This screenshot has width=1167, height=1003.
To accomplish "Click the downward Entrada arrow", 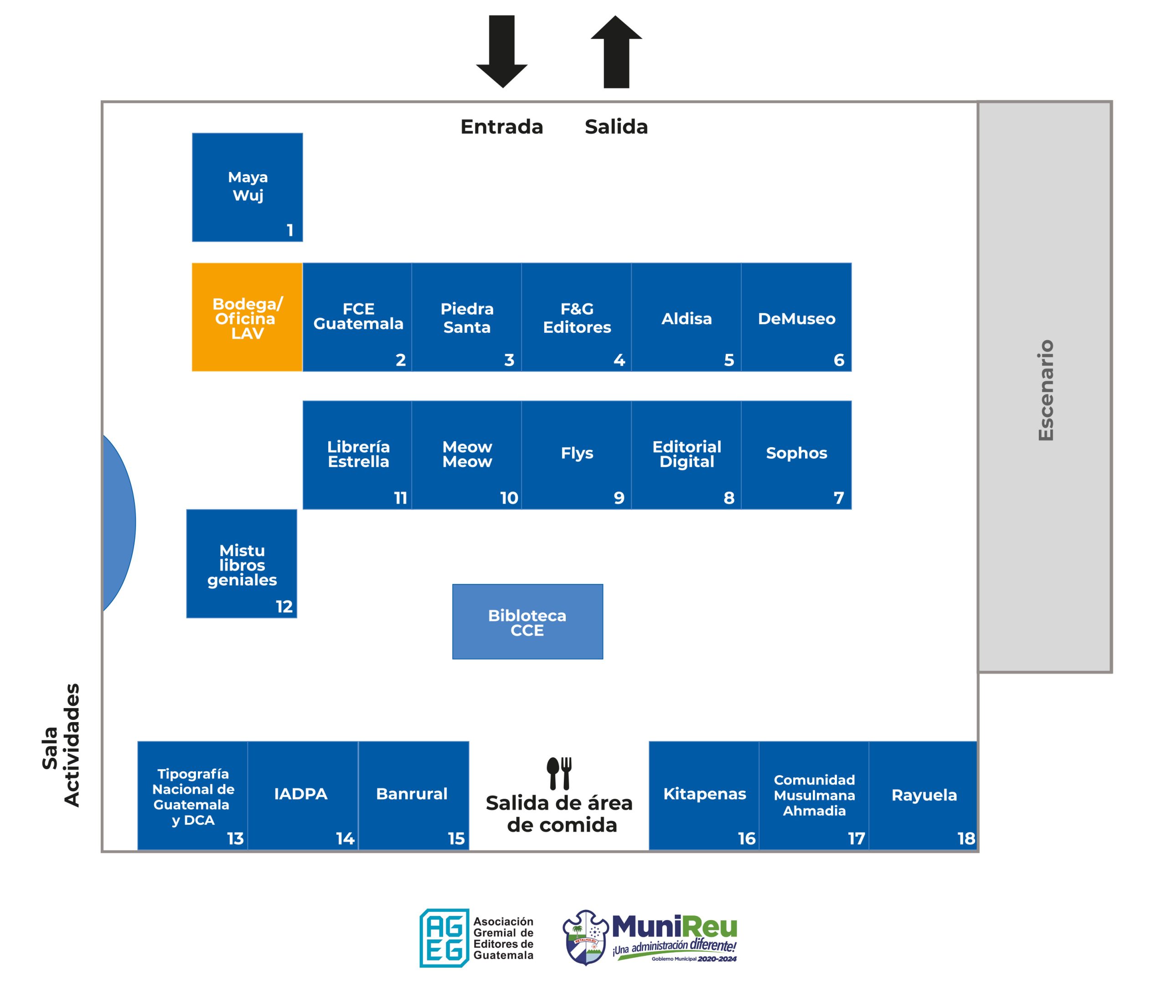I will [x=501, y=51].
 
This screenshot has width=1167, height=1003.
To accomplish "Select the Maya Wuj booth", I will [x=247, y=187].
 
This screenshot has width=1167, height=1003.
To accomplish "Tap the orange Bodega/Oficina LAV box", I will [x=247, y=317].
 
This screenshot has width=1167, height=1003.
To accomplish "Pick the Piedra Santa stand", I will [x=466, y=317].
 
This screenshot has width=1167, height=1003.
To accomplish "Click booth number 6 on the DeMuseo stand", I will [x=839, y=360].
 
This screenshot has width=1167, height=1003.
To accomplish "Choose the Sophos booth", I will [x=796, y=455].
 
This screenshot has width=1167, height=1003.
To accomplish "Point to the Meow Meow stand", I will [x=466, y=455].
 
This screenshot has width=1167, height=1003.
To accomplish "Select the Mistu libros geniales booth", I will [x=242, y=563].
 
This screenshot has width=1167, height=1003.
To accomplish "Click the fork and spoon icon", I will [x=559, y=773].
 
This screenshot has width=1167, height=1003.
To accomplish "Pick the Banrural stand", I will [x=413, y=795].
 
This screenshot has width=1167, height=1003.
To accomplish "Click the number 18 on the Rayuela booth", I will [x=966, y=838].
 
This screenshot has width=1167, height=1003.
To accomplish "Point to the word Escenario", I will [x=1045, y=390].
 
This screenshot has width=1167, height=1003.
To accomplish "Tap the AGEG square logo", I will [x=444, y=938].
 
